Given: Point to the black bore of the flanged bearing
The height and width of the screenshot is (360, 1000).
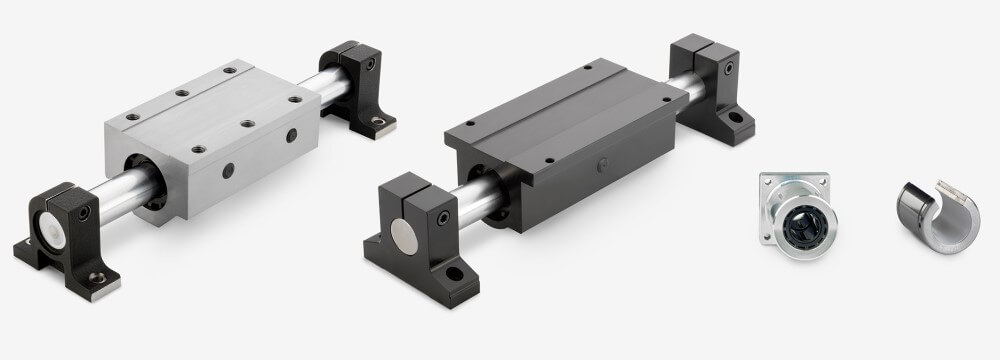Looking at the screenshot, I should (x=798, y=212).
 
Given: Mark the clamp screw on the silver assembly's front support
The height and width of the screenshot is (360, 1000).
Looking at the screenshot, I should (x=84, y=212).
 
